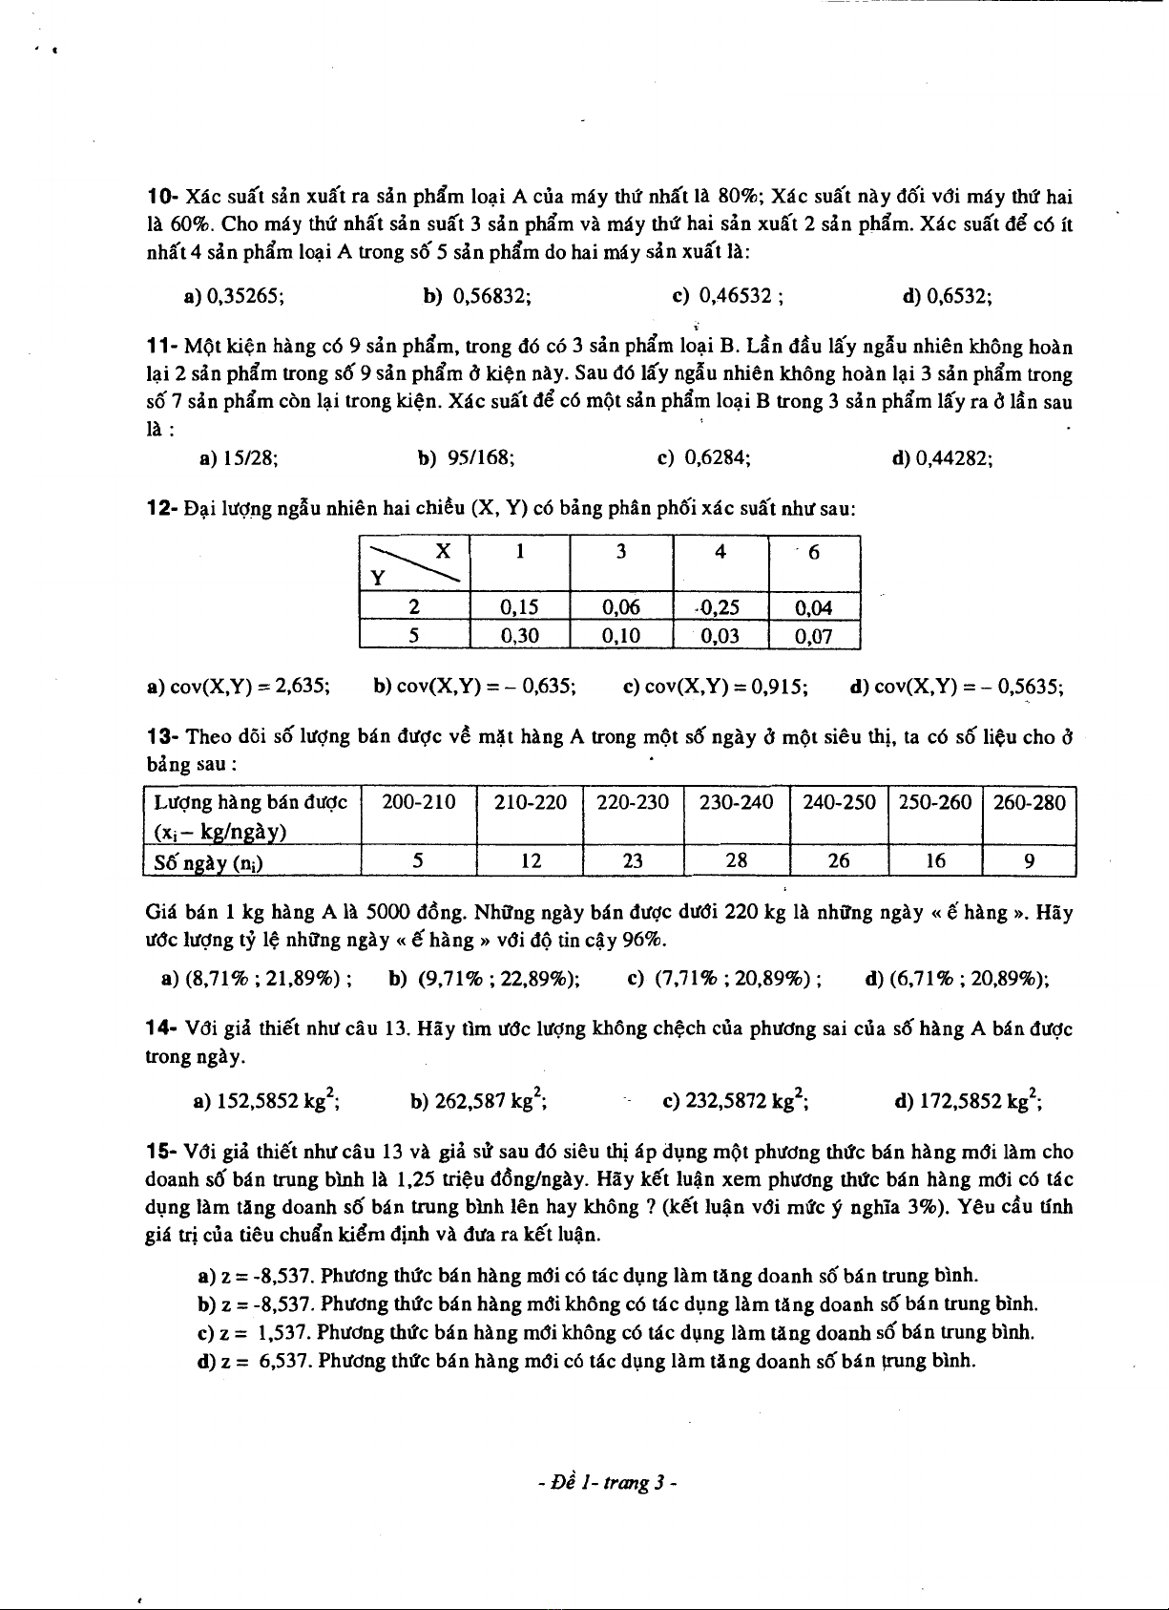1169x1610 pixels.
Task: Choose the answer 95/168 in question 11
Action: (481, 458)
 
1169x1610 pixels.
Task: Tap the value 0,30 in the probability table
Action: (520, 636)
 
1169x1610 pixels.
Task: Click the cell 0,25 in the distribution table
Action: (720, 607)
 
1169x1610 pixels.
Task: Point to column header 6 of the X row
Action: (814, 552)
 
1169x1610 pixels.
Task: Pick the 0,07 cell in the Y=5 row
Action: (814, 636)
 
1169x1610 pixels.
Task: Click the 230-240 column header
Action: (737, 802)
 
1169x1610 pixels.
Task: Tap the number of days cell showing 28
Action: (737, 861)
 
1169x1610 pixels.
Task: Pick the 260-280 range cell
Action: (1029, 802)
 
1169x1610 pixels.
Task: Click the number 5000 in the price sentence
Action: (387, 912)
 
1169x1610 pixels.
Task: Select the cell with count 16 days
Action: (935, 861)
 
